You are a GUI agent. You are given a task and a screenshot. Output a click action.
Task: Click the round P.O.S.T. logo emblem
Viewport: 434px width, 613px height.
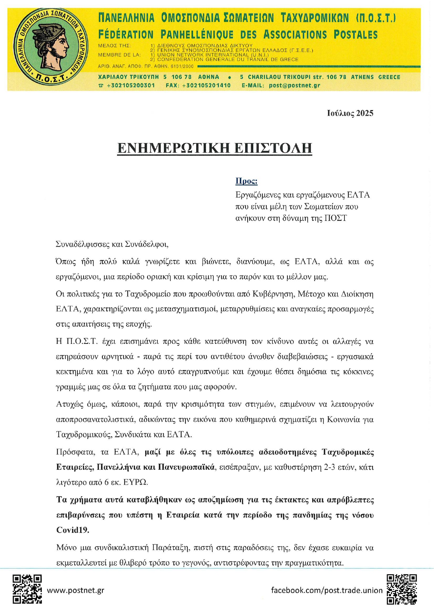coord(51,47)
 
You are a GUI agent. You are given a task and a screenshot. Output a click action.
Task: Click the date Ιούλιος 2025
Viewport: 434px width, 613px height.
coord(350,113)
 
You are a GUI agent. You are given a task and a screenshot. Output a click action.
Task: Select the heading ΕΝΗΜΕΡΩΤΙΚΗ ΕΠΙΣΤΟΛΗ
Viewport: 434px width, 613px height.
coord(214,148)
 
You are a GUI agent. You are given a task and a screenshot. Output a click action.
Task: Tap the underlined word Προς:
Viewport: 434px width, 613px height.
coord(246,181)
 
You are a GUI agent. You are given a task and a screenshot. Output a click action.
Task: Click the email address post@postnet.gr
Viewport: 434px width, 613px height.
coord(294,85)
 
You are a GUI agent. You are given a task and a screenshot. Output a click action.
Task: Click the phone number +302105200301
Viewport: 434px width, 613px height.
coord(131,85)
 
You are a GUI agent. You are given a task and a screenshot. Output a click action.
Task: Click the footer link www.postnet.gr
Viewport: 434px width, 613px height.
coord(76,590)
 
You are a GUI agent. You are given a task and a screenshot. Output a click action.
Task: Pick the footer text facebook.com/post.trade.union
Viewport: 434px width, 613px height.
coord(327,590)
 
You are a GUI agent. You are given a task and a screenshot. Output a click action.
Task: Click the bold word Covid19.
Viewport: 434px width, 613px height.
coord(73,530)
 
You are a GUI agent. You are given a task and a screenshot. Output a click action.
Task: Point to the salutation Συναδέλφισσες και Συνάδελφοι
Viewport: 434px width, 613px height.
coord(112,244)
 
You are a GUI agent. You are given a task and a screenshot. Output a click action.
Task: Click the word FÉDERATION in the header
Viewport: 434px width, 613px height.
coord(126,35)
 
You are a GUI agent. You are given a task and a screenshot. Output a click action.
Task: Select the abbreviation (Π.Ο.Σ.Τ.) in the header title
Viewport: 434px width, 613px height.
coord(376,17)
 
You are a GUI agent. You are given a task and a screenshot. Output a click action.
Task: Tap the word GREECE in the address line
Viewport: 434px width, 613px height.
coord(389,77)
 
